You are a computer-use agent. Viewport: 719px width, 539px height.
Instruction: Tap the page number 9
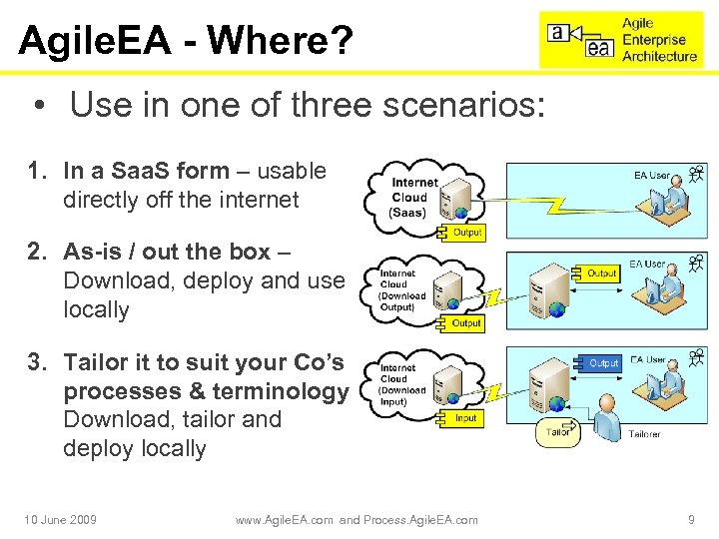click(x=691, y=519)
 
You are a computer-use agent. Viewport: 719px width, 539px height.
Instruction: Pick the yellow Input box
click(x=466, y=418)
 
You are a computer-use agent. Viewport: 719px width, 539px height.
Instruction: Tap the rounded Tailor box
click(x=558, y=431)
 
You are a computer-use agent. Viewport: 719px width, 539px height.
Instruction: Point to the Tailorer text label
click(x=644, y=434)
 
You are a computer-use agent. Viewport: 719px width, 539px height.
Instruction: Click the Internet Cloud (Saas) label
click(x=414, y=197)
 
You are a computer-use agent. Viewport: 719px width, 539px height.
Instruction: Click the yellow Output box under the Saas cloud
click(x=467, y=232)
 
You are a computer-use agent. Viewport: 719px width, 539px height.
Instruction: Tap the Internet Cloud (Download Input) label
click(x=402, y=384)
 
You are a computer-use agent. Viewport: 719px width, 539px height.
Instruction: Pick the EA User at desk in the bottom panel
click(x=665, y=385)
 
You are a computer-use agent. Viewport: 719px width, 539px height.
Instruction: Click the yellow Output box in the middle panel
click(x=466, y=322)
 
